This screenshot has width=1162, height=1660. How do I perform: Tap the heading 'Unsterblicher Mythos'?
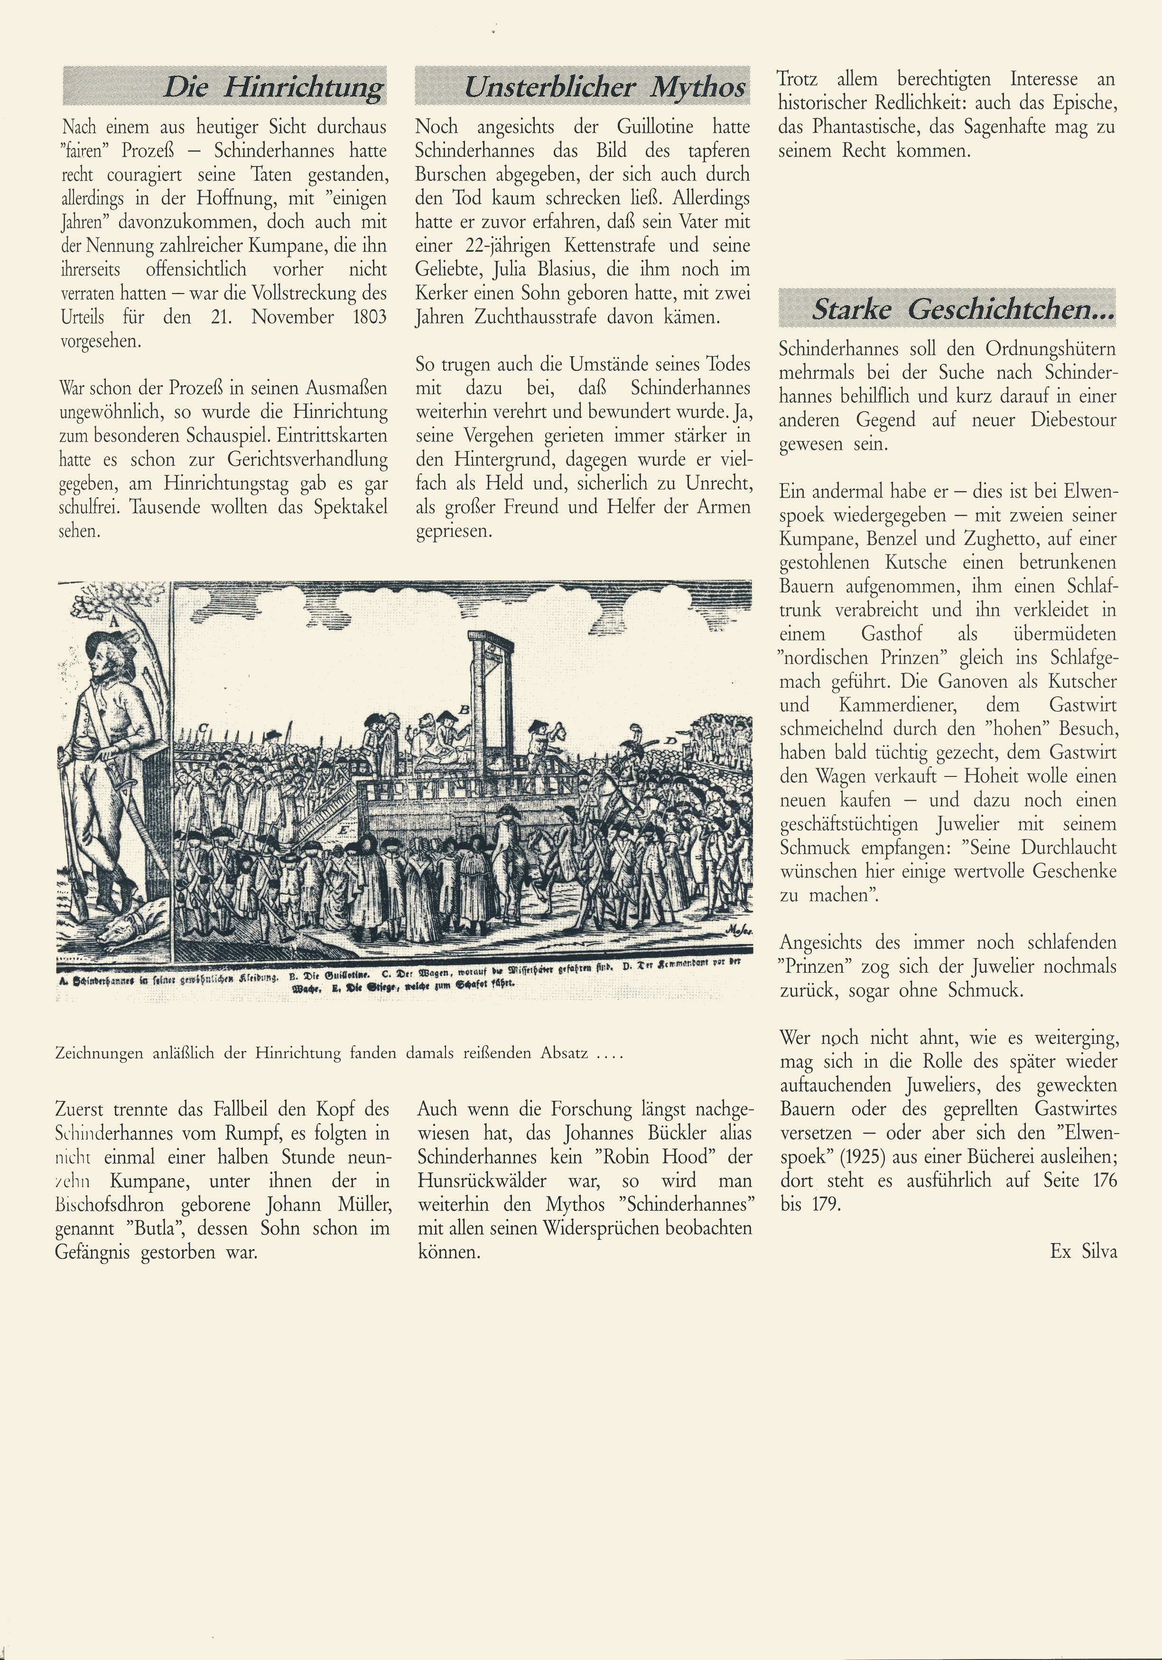click(x=604, y=87)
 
